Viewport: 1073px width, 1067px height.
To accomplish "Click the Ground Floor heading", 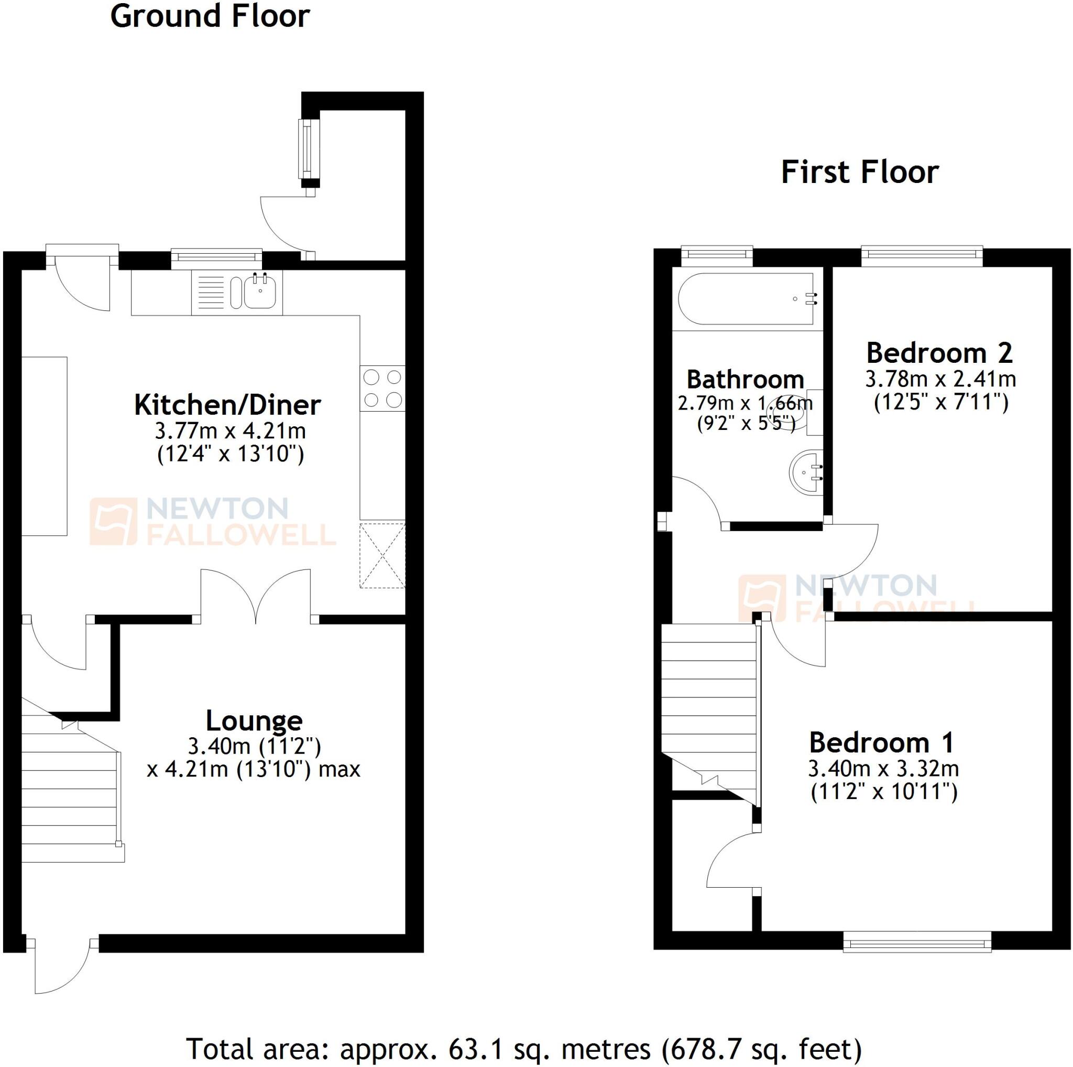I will tap(210, 17).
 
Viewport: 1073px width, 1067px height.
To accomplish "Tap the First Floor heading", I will tap(859, 173).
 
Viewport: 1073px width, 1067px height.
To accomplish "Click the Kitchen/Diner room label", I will tap(228, 405).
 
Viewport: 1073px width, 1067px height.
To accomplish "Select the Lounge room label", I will tap(254, 721).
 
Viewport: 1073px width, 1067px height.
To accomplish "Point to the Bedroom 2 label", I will tap(940, 353).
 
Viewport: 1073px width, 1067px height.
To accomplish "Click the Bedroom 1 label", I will tap(882, 742).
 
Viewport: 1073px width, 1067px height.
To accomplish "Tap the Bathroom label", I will tap(746, 380).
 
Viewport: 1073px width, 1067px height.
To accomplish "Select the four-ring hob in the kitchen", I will tap(382, 389).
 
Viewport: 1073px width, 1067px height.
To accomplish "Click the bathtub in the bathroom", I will tap(746, 299).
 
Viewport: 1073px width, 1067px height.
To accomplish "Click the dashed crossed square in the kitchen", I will tap(382, 555).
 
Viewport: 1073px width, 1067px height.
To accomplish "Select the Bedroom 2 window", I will tap(922, 254).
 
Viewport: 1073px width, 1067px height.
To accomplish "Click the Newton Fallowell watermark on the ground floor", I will tap(214, 521).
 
